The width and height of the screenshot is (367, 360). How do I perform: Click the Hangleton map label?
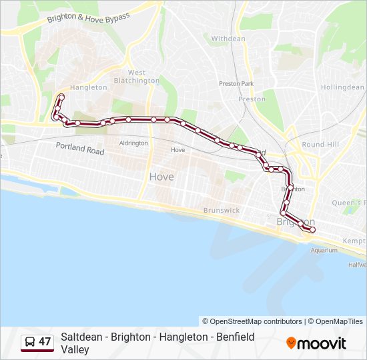[x=88, y=87]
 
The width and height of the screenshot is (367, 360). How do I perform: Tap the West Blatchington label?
[x=137, y=77]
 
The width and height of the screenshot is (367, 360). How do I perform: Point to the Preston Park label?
[x=236, y=83]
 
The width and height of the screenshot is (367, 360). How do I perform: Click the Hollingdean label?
[x=342, y=87]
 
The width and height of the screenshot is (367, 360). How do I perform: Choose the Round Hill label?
[x=320, y=144]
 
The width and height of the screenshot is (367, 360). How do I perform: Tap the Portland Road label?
[x=80, y=148]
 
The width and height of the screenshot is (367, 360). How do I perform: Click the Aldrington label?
[x=133, y=143]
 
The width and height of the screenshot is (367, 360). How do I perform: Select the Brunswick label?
[x=222, y=210]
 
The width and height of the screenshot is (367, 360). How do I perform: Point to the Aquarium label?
[x=324, y=251]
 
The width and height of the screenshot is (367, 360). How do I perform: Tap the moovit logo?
[x=316, y=343]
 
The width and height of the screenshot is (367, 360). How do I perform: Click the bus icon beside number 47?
[x=30, y=342]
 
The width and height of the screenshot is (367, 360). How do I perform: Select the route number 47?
[x=45, y=342]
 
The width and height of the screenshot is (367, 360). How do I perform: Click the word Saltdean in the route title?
[x=81, y=337]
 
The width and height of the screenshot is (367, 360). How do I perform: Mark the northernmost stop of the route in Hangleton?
[x=61, y=97]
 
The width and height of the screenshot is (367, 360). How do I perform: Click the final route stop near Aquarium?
[x=312, y=230]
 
